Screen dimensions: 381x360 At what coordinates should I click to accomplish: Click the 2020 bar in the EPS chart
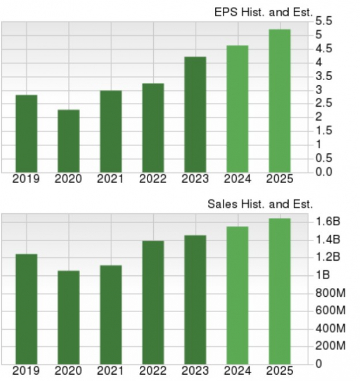[69, 141]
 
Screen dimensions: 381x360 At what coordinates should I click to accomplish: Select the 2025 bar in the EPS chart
[279, 101]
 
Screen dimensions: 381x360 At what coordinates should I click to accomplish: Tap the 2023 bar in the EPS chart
[195, 114]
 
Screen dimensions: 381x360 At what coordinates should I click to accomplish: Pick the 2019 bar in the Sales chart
[26, 309]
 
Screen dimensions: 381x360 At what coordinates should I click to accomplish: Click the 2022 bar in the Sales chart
[153, 302]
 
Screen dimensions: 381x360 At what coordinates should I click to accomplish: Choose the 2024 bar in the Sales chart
[237, 295]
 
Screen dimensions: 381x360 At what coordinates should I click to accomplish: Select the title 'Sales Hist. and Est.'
[260, 204]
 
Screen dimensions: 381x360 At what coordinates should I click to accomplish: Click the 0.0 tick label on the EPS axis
[324, 171]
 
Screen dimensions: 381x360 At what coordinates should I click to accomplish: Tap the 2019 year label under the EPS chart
[26, 179]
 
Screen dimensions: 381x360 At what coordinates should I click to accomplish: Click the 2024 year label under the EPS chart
[237, 179]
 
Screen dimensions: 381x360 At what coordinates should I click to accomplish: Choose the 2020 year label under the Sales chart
[69, 371]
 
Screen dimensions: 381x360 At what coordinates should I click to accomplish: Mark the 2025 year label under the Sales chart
[279, 371]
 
